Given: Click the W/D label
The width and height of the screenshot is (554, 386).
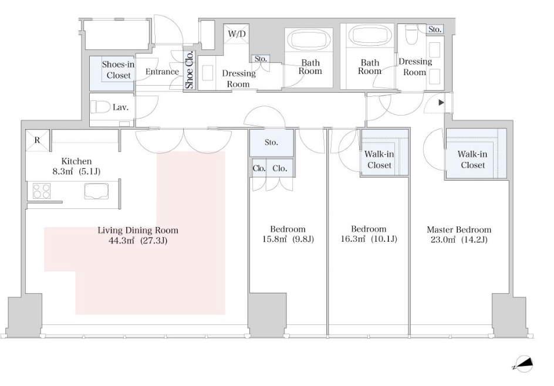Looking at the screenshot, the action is click(237, 34).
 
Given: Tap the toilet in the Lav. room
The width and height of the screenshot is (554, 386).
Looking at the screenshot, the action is click(100, 107).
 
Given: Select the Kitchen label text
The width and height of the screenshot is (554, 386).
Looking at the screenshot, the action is click(76, 161).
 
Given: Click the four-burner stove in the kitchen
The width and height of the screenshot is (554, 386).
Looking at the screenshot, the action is click(41, 191).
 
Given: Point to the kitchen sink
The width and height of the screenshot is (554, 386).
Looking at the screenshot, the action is click(96, 191).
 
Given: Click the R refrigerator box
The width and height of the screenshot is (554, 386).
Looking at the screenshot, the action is click(38, 141).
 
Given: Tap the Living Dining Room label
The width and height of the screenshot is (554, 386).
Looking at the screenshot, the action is click(138, 231).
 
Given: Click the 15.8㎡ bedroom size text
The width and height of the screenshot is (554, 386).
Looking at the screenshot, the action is click(274, 239).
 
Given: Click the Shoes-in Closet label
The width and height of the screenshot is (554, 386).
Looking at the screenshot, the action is click(119, 70).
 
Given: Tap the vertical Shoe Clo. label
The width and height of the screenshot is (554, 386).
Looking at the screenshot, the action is click(190, 70).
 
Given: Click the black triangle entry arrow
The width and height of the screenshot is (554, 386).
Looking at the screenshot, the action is click(441, 103).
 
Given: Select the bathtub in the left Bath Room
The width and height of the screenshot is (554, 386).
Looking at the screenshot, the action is click(309, 39).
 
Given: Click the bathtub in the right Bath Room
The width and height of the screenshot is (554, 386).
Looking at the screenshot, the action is click(370, 36).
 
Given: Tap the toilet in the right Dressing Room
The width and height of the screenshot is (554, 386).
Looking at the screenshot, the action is click(411, 35).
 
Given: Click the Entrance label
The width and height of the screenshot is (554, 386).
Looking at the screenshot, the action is click(162, 72).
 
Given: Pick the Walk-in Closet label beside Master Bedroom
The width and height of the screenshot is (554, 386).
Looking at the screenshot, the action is click(472, 160).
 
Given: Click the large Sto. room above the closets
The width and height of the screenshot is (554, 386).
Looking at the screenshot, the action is click(271, 143).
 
